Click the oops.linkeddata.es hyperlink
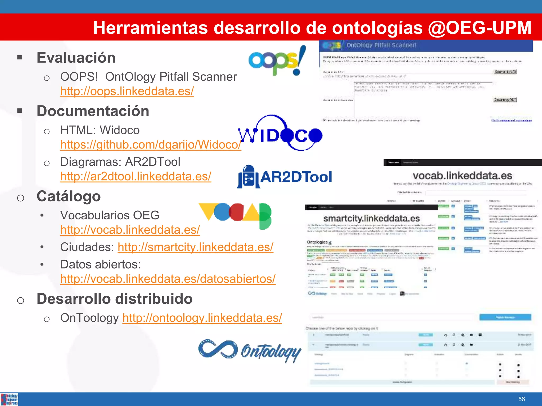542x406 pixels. pos(127,91)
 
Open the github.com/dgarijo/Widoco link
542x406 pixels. pos(151,145)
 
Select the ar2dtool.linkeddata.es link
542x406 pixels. pos(135,177)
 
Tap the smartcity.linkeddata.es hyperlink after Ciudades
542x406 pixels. pos(195,247)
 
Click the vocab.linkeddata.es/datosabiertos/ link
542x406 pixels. pos(168,279)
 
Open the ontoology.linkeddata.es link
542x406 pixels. pos(202,318)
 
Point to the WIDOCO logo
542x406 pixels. pos(280,133)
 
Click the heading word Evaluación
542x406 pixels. pos(76,58)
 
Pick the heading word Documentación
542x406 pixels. pos(93,111)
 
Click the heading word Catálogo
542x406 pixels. pos(69,196)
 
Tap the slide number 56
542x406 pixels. pos(521,399)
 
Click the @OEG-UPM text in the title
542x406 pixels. pos(480,27)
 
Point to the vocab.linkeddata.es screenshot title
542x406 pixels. pos(462,176)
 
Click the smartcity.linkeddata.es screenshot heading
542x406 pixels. pos(371,219)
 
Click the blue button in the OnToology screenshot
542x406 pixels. pos(505,317)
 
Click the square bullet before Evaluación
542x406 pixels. pos(19,57)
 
